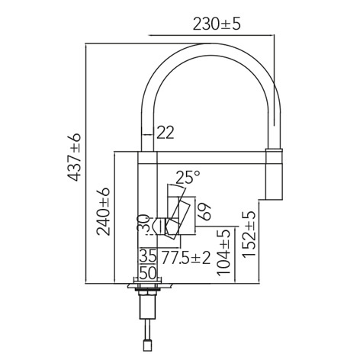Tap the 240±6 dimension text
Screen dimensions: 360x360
click(x=104, y=211)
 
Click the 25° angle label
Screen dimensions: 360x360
click(x=187, y=177)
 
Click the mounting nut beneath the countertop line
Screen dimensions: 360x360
click(x=147, y=293)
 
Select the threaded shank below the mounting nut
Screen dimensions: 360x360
click(x=147, y=310)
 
